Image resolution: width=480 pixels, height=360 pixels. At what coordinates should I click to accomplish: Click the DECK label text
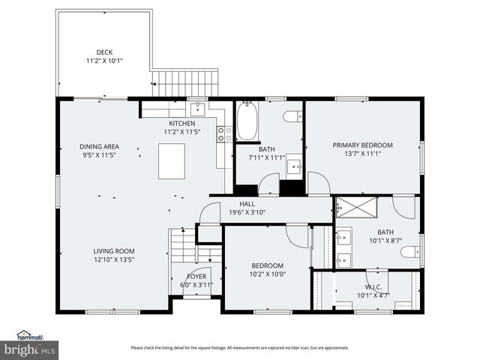coord(103,52)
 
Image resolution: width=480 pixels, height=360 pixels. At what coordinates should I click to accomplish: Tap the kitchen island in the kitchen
coord(172,161)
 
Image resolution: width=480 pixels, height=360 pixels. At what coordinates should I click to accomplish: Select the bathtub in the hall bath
coord(247,122)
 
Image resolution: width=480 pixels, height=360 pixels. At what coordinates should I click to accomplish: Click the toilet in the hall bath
coord(292,116)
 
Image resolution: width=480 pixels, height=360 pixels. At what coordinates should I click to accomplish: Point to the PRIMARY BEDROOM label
coord(362,145)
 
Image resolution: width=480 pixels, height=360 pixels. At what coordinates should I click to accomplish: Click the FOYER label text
coord(184,275)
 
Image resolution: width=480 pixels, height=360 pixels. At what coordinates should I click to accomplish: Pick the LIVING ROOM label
coord(113,251)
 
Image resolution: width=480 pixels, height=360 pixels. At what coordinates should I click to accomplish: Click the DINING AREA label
coord(99,147)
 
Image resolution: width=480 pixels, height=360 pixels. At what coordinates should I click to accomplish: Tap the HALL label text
coord(247,204)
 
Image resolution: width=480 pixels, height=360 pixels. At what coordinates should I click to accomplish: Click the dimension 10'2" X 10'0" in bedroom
coord(267,274)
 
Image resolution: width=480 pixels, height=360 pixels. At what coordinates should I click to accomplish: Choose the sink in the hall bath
coord(294,166)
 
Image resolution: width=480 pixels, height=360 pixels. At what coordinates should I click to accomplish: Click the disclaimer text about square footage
coord(240,347)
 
